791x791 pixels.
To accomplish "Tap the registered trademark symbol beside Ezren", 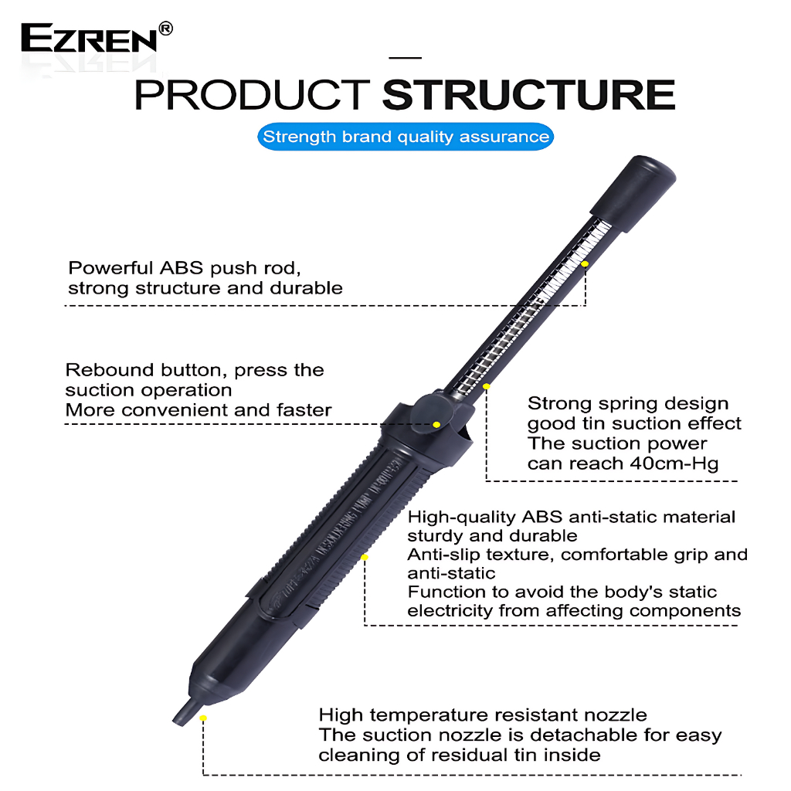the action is click(165, 29).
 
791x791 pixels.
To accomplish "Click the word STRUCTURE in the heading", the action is click(528, 94).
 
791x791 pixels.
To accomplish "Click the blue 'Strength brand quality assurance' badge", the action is click(406, 137).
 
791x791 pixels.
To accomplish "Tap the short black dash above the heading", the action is click(405, 58).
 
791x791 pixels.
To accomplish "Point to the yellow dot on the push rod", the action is click(585, 264).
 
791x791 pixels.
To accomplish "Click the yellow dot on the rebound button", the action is click(437, 425).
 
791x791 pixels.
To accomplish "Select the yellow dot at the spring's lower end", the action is click(487, 386).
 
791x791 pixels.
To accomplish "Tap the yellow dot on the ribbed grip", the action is click(365, 558).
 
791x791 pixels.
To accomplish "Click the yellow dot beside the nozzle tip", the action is click(203, 718).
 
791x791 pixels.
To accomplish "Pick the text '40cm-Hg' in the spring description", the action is click(674, 463).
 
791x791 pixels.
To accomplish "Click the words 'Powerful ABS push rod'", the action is click(185, 268).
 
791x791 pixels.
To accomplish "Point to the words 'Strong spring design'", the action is click(628, 403).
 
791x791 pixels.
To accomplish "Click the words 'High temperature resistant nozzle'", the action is click(483, 715).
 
